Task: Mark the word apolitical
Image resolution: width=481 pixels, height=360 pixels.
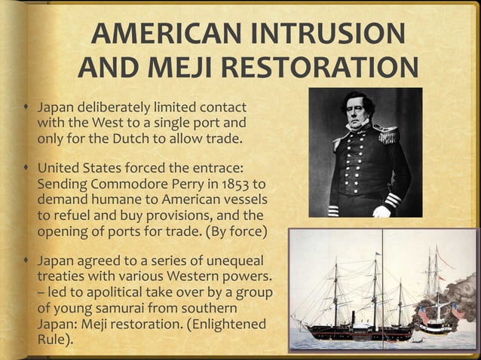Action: (x=105, y=291)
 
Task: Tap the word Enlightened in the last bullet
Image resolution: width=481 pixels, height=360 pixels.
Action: (x=229, y=325)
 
